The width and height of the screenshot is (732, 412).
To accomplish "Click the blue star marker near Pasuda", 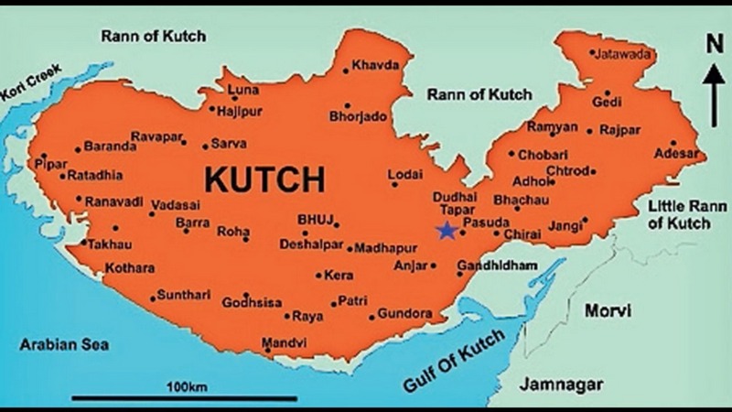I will pos(446,231).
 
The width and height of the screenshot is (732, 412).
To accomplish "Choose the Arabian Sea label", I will pos(65,345).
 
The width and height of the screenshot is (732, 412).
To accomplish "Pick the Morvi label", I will pos(608,311).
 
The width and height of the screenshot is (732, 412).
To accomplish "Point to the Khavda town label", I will pos(374,66).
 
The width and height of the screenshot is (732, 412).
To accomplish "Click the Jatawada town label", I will pos(625,54).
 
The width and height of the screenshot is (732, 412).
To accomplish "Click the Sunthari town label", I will pos(183,295).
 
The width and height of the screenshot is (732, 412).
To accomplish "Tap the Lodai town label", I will pos(405,174).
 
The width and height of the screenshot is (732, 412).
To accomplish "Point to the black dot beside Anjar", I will pos(434,266).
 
